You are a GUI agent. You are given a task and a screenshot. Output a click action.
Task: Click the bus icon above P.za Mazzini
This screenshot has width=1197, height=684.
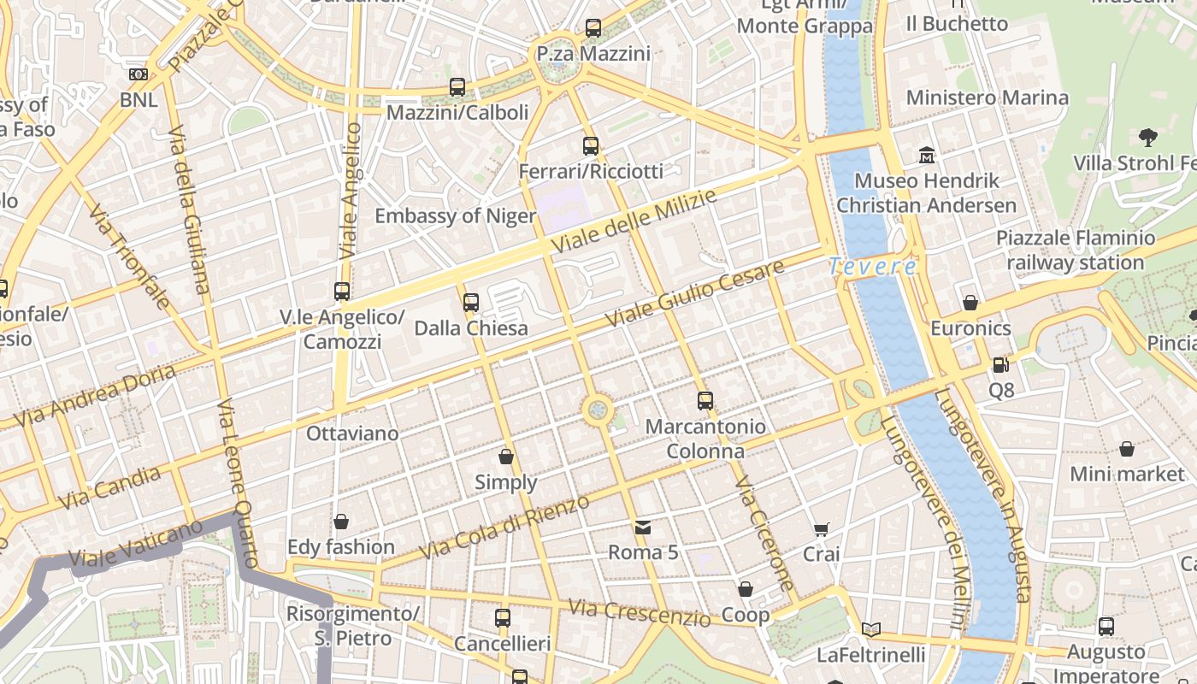593,28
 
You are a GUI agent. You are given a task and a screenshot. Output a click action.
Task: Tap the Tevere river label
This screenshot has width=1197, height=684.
873,267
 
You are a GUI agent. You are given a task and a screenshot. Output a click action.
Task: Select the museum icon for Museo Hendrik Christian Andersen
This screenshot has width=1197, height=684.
927,156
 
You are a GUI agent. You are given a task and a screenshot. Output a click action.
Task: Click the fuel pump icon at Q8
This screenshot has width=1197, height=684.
1000,365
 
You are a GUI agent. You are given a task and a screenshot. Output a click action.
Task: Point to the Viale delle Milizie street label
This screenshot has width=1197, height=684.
634,221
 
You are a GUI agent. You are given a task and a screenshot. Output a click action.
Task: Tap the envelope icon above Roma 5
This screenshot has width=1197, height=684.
643,528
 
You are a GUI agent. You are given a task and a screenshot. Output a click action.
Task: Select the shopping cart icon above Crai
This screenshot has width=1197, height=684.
822,529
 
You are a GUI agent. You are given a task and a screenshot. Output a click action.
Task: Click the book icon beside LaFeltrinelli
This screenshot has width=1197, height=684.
870,630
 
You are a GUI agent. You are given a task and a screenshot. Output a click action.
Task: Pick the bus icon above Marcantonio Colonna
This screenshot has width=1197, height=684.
705,400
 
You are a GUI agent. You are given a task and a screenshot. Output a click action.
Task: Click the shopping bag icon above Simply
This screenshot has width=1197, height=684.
506,457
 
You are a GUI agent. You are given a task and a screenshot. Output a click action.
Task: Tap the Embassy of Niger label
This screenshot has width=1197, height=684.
455,215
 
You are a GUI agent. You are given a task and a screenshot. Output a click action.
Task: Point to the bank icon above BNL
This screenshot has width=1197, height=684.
139,74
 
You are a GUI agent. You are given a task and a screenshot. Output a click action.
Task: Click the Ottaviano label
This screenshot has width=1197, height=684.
352,433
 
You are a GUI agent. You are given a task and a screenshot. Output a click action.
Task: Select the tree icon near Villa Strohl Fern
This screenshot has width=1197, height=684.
1148,136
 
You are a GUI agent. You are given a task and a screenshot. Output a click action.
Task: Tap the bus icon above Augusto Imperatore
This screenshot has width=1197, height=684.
1106,626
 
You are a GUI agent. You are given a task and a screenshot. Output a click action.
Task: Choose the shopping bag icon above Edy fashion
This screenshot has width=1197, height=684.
341,522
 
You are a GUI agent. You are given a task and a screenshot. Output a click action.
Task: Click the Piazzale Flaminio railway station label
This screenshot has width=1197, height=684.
1075,251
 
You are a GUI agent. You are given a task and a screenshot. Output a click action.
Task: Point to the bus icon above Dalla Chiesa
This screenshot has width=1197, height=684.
471,302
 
